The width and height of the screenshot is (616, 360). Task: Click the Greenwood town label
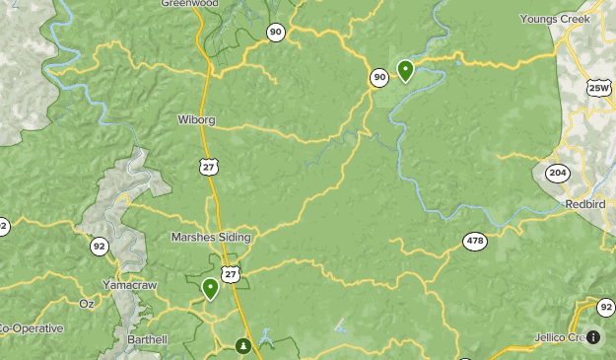click(x=189, y=4)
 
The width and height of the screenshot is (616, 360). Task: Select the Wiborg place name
click(x=196, y=121)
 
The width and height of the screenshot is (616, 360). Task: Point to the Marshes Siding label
click(x=211, y=238)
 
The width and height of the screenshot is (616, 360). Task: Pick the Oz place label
click(x=86, y=304)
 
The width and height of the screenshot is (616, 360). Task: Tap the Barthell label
click(x=148, y=339)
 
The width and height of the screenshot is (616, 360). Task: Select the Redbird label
click(x=586, y=203)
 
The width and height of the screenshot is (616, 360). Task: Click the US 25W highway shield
click(x=599, y=88)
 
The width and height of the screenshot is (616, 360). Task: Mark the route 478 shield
click(x=476, y=241)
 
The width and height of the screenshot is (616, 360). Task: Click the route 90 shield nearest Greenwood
click(x=275, y=33)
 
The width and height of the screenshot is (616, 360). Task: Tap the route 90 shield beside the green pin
click(x=379, y=77)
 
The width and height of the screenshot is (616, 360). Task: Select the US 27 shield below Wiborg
click(x=208, y=168)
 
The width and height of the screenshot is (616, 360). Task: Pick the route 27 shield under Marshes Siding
click(x=230, y=272)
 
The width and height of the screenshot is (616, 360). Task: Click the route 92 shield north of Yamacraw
click(x=99, y=247)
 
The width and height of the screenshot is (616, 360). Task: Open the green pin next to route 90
click(x=405, y=70)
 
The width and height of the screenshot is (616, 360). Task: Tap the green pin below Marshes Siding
click(x=210, y=288)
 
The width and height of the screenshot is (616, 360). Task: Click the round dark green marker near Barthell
click(x=243, y=346)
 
